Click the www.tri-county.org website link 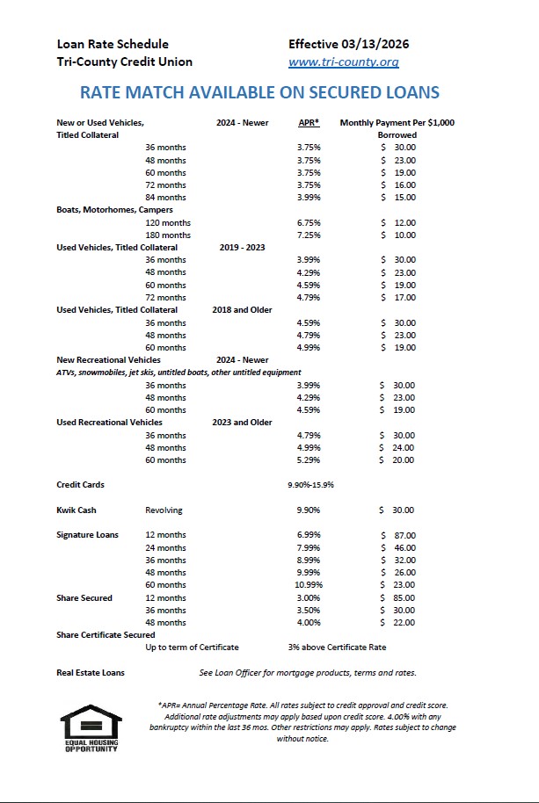pos(344,62)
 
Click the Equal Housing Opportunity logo pos(91,727)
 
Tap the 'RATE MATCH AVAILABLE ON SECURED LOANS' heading pos(259,92)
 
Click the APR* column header pos(308,123)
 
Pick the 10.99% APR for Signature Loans pos(309,585)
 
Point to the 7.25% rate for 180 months pos(309,235)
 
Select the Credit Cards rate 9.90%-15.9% pos(310,485)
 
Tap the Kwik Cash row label pos(76,510)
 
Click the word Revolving pos(164,510)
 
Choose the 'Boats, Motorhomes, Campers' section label pos(114,210)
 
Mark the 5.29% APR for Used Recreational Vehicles pos(309,460)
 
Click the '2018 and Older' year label pos(242,310)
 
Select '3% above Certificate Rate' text pos(336,647)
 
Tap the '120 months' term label pos(168,223)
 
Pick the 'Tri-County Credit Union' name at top pos(124,62)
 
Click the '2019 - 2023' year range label pos(242,248)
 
